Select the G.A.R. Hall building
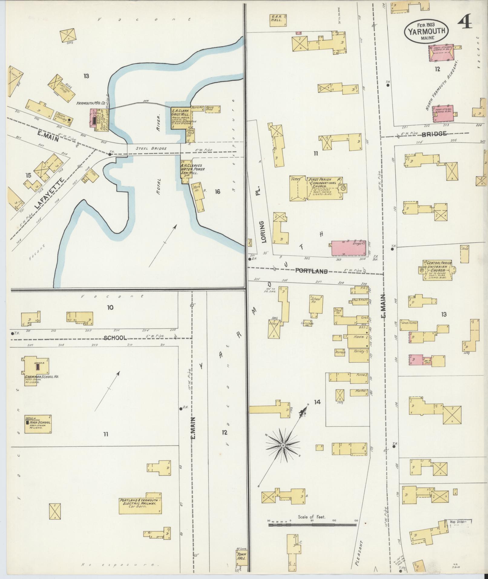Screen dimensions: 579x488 [278, 20]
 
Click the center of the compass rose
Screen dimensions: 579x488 [283, 446]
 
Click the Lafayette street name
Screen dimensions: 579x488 [50, 194]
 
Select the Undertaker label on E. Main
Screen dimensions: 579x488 [409, 323]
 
